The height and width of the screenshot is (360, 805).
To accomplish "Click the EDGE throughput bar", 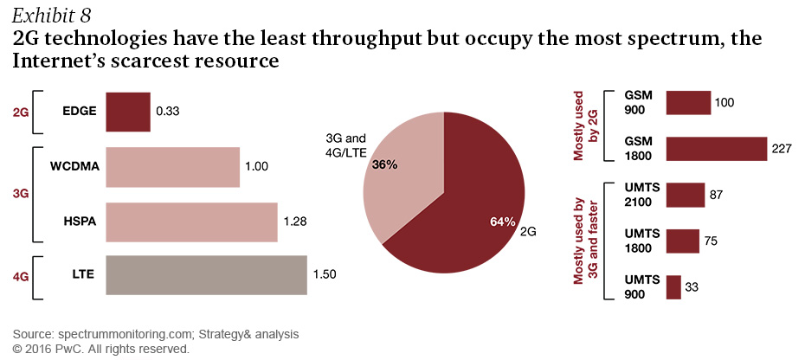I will point(127,111).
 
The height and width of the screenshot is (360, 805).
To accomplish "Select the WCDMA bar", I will point(172,167).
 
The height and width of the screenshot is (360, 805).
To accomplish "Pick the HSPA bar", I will point(191,222).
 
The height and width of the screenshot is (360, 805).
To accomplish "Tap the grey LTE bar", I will point(206,276).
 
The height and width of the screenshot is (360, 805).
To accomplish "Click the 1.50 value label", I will point(325,276).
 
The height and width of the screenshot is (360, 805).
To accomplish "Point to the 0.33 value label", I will point(168,111).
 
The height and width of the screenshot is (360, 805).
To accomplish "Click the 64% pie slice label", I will point(503,222).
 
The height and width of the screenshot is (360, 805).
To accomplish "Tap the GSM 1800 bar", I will point(717,149).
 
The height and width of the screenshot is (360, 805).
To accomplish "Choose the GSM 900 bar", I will point(688,103).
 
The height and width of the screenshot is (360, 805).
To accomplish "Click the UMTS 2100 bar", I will point(686,195).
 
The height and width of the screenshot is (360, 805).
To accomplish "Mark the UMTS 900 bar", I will point(673,287).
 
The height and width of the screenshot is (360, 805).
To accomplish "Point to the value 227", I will point(782,149).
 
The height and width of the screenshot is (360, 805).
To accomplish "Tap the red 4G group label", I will point(20,276).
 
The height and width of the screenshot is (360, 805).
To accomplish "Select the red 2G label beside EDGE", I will point(20,111).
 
